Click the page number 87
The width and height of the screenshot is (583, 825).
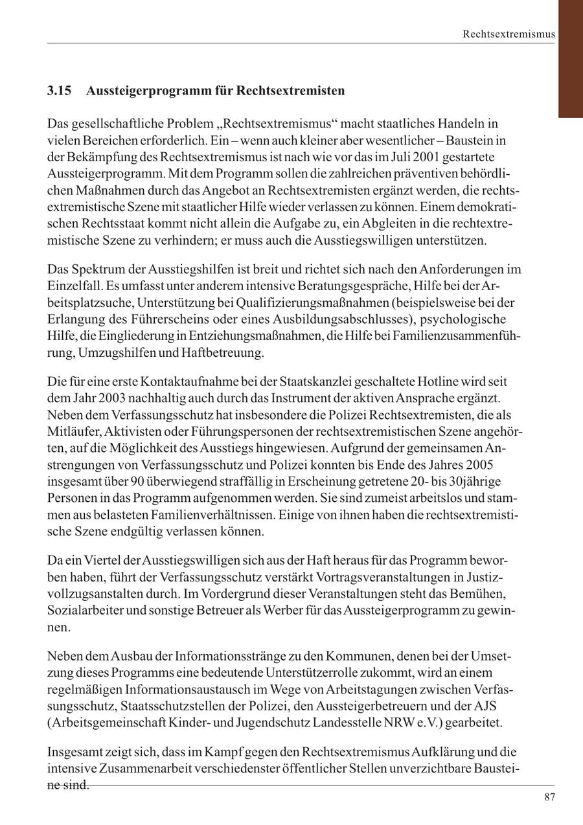[550, 797]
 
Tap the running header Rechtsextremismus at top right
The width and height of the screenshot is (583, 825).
[509, 34]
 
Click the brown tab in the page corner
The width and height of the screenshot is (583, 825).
[570, 58]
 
